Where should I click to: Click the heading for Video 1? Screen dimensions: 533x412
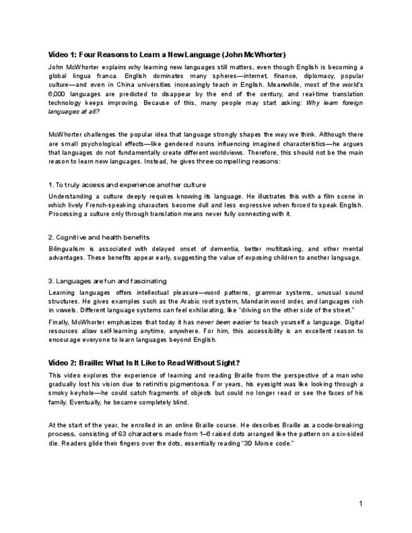click(x=167, y=55)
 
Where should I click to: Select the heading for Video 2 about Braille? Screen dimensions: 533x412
click(x=144, y=363)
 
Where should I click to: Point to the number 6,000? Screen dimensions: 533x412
click(x=57, y=94)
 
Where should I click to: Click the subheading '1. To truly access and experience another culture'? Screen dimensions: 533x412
click(x=127, y=185)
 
